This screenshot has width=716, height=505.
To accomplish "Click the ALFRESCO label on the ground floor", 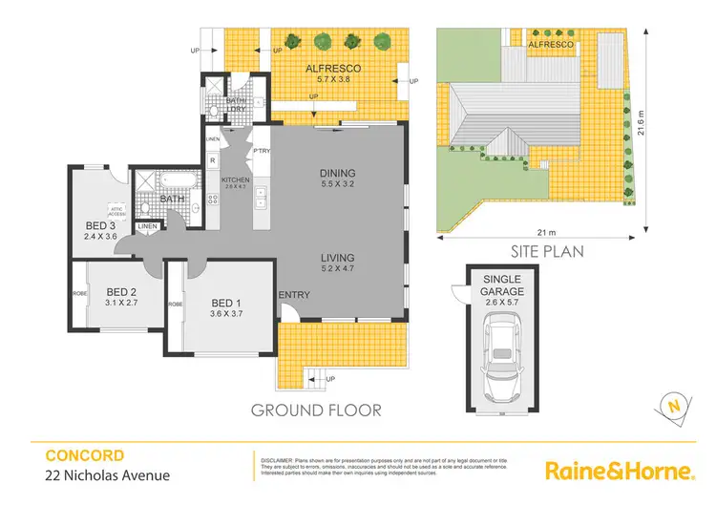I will click(x=333, y=69).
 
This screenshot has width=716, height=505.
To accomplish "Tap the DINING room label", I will click(x=338, y=173).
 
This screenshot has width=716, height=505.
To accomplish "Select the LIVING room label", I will click(x=338, y=258).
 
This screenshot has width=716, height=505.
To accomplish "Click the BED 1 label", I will click(x=227, y=305).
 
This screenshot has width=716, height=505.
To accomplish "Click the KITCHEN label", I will click(x=235, y=179).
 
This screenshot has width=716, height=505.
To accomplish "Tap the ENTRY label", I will click(x=294, y=295).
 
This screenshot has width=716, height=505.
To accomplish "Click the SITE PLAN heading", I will click(x=536, y=252).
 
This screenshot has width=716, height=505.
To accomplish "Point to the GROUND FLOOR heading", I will click(x=315, y=410).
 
